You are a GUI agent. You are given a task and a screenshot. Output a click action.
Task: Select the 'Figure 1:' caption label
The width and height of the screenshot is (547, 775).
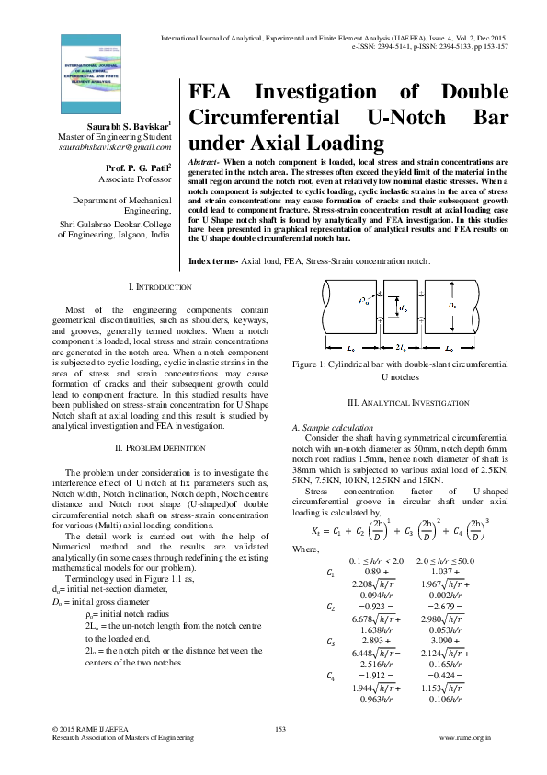(312, 390)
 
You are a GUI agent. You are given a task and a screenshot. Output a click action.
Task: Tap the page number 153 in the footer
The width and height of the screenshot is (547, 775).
(282, 729)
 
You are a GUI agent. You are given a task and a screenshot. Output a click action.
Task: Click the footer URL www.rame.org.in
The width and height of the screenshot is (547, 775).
(466, 738)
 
